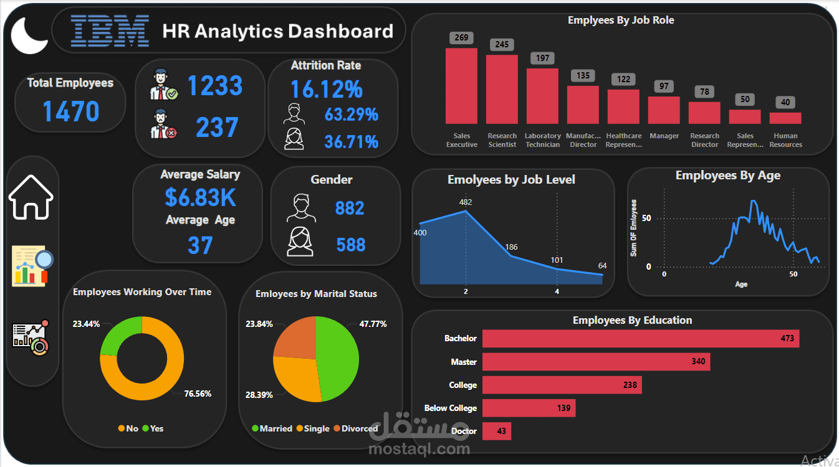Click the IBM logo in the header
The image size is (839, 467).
[x=110, y=31]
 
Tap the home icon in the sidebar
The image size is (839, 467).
[x=31, y=197]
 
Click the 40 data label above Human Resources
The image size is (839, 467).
[x=785, y=102]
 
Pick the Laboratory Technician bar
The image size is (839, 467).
[x=542, y=96]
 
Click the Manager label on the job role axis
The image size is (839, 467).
[x=664, y=136]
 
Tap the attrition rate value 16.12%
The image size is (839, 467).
[x=326, y=90]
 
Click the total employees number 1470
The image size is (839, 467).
[x=71, y=111]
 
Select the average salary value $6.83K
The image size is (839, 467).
[x=200, y=197]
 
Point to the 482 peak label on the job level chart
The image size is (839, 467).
[x=465, y=202]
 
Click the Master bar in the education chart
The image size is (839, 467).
[x=596, y=362]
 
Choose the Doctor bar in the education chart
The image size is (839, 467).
[x=497, y=431]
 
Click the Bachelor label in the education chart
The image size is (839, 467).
[x=460, y=339]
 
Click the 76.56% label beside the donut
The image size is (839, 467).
[x=198, y=394]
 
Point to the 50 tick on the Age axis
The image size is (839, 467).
[x=793, y=274]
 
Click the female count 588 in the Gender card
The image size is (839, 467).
[x=350, y=245]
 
